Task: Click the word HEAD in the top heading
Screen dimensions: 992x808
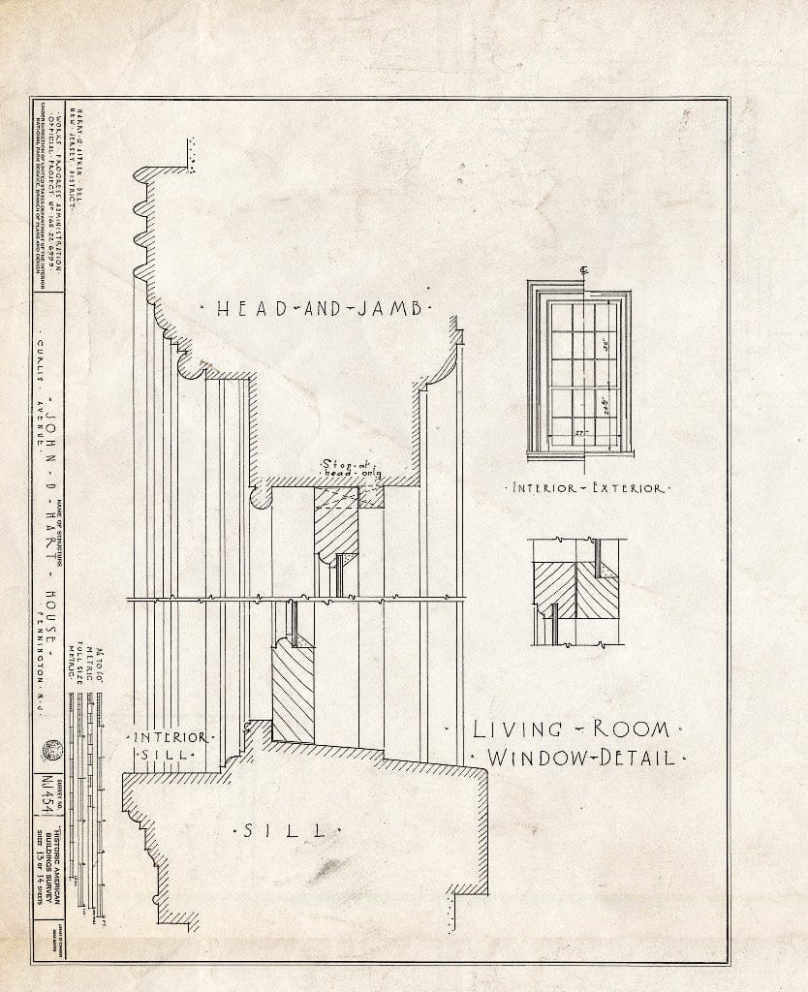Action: coord(246,309)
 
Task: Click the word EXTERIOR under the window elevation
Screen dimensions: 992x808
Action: coord(625,488)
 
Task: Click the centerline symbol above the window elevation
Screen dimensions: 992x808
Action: coord(582,270)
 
